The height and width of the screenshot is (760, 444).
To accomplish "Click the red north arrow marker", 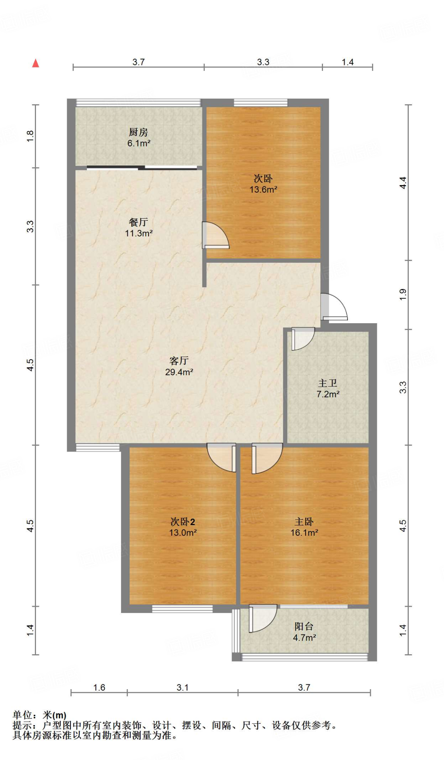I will point(36,63).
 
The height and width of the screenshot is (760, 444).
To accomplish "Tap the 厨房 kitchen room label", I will point(138,132).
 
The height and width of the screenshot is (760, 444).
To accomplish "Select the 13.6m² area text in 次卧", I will point(263,190).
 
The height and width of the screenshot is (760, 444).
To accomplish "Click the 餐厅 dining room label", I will point(138,222).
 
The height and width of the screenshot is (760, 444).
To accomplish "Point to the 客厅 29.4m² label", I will point(179,366).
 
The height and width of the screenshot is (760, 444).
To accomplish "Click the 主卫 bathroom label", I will point(327,383).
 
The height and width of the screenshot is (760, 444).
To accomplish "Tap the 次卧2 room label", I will point(183,522).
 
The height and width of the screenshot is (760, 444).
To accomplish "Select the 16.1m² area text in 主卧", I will point(304,533).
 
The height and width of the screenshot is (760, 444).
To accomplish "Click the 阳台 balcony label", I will point(304,626).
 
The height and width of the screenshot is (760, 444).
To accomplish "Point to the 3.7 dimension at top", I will point(138,62).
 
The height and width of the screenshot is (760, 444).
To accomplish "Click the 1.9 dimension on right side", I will point(403,295).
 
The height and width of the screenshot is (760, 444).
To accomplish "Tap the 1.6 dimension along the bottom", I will point(99,688).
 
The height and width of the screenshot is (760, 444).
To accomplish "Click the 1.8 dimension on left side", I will point(30,136).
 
